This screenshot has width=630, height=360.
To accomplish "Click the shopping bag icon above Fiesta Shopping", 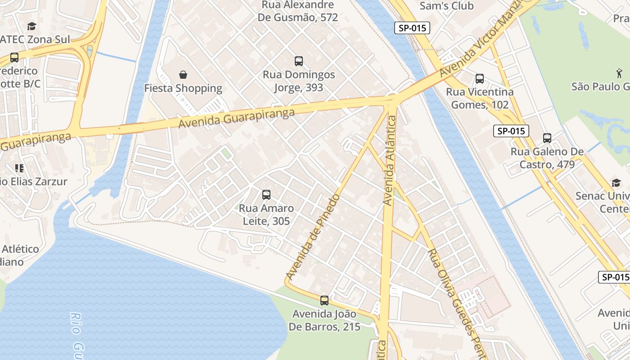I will tap(183, 74).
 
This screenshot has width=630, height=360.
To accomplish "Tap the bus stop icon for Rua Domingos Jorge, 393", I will tap(298, 61).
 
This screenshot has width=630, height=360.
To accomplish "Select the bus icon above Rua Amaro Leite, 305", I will tap(266, 195).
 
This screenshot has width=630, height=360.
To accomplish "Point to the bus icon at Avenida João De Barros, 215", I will tap(324, 301).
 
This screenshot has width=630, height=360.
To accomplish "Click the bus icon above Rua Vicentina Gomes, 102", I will tap(480, 79).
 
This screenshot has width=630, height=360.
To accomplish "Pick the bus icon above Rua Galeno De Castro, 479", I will tap(547, 138).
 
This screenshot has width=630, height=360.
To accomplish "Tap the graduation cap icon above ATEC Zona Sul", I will tap(31, 26).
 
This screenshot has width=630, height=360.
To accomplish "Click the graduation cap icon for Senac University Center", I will tap(616, 183).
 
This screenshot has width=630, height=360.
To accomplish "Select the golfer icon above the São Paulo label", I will tap(619, 72).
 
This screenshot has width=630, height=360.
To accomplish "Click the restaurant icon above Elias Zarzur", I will tap(19, 168).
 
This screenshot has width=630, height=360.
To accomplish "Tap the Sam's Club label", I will tap(446, 6).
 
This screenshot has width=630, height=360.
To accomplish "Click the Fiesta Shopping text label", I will tap(183, 88).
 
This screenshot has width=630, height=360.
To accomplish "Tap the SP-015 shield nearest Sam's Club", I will tap(412, 28).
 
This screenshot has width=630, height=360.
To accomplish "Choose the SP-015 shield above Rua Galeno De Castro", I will tap(511, 131).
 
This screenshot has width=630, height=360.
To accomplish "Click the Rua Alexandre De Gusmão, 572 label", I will tap(298, 11).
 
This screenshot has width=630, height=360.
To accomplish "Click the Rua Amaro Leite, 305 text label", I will tap(266, 215).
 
